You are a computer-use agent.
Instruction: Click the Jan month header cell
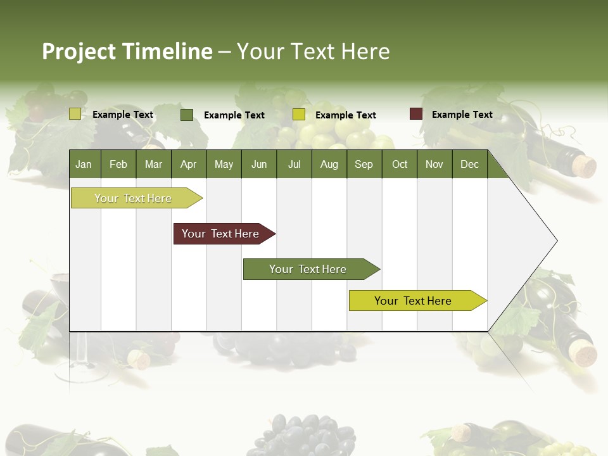[84, 164]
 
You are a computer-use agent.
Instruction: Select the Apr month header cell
[188, 164]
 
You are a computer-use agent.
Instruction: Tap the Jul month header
[294, 164]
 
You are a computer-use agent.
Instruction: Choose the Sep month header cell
[364, 164]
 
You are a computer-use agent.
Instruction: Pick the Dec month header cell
[469, 164]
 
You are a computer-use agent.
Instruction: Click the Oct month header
[399, 164]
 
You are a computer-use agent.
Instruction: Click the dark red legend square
[415, 114]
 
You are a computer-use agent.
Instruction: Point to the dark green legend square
[187, 115]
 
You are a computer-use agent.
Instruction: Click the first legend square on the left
[75, 114]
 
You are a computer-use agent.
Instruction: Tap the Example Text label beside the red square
[462, 115]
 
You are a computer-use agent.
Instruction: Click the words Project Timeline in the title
[127, 51]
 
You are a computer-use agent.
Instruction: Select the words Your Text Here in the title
[313, 51]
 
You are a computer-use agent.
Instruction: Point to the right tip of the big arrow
[556, 241]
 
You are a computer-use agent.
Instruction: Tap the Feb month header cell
[118, 164]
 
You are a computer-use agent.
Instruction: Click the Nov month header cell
[434, 164]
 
